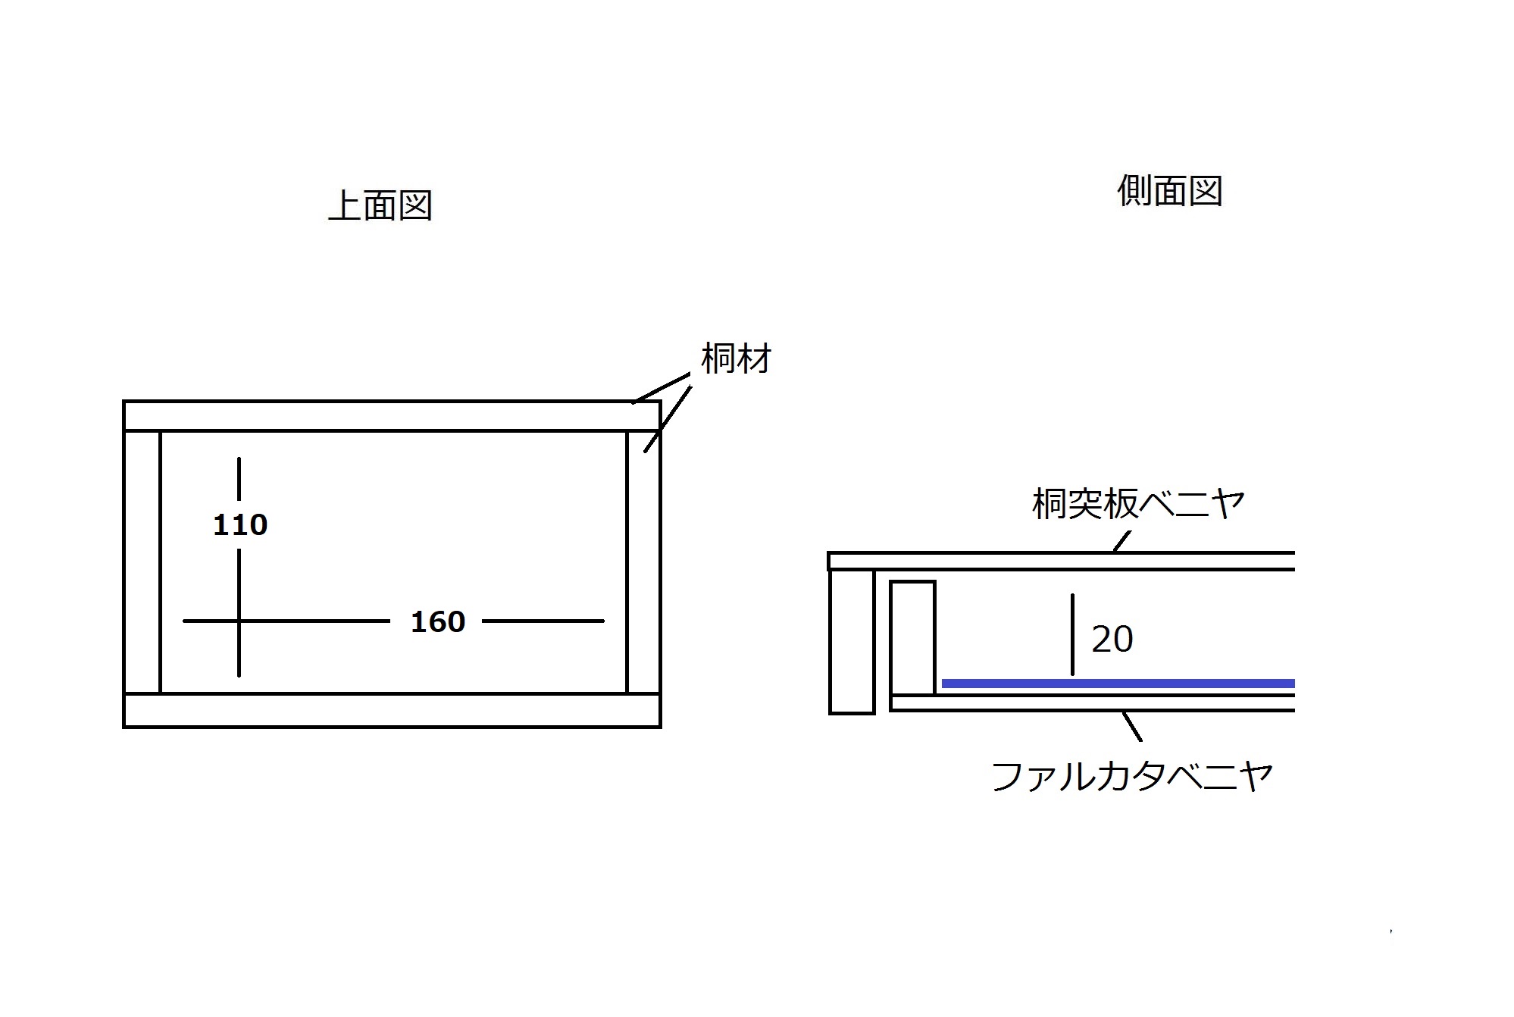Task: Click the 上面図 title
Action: point(380,205)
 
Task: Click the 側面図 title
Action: point(1170,191)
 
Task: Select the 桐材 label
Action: point(736,358)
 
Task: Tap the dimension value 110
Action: point(240,524)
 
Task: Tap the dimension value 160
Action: point(438,621)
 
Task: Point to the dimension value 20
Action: point(1112,639)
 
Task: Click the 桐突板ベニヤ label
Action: point(1137,503)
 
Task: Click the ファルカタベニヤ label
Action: point(1132,776)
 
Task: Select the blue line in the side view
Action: point(1118,684)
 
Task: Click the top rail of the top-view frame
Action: point(392,416)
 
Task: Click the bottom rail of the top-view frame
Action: point(392,710)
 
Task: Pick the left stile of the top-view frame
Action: point(142,562)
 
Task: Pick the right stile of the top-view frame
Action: point(643,562)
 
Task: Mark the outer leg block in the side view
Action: point(852,641)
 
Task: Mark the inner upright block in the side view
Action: point(912,637)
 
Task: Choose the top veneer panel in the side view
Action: point(1061,561)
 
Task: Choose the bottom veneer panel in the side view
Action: point(1092,703)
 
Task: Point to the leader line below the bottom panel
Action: point(1132,726)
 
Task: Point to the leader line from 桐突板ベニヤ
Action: point(1121,541)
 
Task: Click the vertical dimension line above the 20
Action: point(1072,634)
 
